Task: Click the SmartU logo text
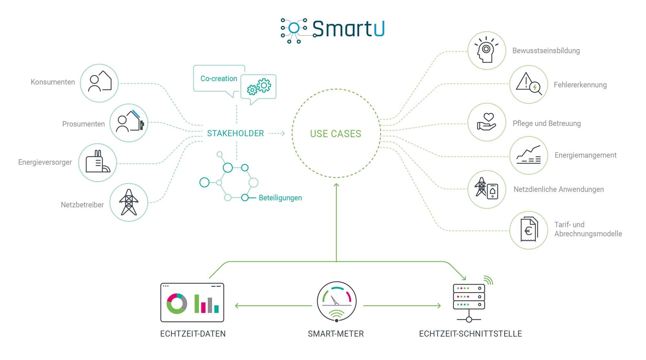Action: pyautogui.click(x=349, y=29)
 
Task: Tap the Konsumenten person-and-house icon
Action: pyautogui.click(x=100, y=81)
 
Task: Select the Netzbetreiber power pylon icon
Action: pyautogui.click(x=129, y=202)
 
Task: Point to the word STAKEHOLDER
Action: pyautogui.click(x=235, y=133)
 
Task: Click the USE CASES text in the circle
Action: pyautogui.click(x=336, y=134)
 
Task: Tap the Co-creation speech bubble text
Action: pyautogui.click(x=219, y=78)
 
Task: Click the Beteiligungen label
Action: pyautogui.click(x=280, y=198)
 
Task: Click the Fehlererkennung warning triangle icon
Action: pyautogui.click(x=529, y=84)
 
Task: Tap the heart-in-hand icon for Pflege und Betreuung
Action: pyautogui.click(x=487, y=122)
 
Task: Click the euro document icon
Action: pyautogui.click(x=529, y=230)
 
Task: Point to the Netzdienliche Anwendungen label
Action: pyautogui.click(x=558, y=189)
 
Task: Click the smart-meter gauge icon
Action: pyautogui.click(x=337, y=302)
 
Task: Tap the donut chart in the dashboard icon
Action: pyautogui.click(x=177, y=303)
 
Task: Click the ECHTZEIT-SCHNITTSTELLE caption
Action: pyautogui.click(x=470, y=334)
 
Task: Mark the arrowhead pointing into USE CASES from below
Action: pyautogui.click(x=336, y=185)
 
